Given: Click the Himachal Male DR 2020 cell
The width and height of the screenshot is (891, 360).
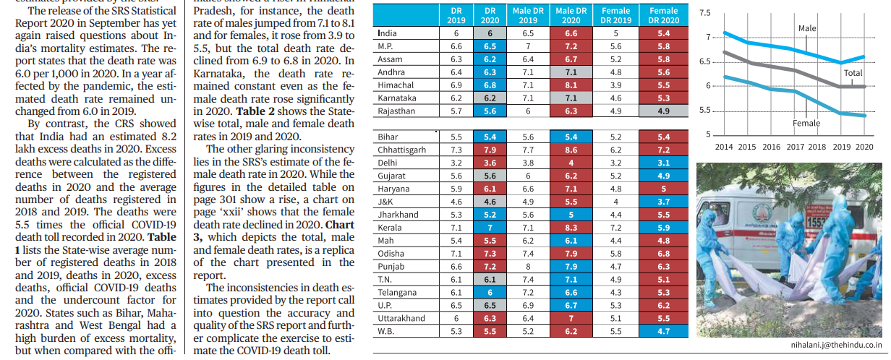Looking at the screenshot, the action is coord(571,85).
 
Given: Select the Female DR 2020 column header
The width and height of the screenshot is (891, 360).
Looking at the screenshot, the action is coord(663,15).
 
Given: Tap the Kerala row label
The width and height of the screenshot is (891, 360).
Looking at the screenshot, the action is coord(389,228).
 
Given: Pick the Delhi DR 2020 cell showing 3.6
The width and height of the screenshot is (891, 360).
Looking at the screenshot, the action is coord(490,163).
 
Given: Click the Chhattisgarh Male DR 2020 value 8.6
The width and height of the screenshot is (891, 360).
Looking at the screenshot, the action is coord(571,150).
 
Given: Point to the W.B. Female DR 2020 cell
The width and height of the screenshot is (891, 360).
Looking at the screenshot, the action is coord(663,331).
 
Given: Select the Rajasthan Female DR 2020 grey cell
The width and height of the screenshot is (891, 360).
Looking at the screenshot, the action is coord(663,111).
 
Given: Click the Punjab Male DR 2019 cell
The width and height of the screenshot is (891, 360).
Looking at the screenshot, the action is coord(528,267).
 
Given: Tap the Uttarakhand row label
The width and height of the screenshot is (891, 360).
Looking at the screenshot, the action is coord(401,318).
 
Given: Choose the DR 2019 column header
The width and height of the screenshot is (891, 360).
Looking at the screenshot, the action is coord(456,15).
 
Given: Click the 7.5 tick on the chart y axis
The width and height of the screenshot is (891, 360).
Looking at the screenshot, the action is coord(704,13).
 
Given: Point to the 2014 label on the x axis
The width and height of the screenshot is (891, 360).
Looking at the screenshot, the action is coord(723,147).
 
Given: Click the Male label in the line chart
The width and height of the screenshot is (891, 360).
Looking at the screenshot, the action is coord(807,28).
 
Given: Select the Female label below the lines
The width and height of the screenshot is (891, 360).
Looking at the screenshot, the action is coord(806,124).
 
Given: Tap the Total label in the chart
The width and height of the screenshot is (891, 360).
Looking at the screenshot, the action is coord(853,73).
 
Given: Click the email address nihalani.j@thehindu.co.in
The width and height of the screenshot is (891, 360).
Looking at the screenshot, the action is coord(836,345).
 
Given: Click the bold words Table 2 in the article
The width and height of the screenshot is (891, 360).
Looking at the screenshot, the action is coord(255,111).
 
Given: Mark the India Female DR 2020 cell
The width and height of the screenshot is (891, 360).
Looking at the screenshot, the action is coord(663,33).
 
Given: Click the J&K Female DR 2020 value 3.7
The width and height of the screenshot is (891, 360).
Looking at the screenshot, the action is coord(663,202).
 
